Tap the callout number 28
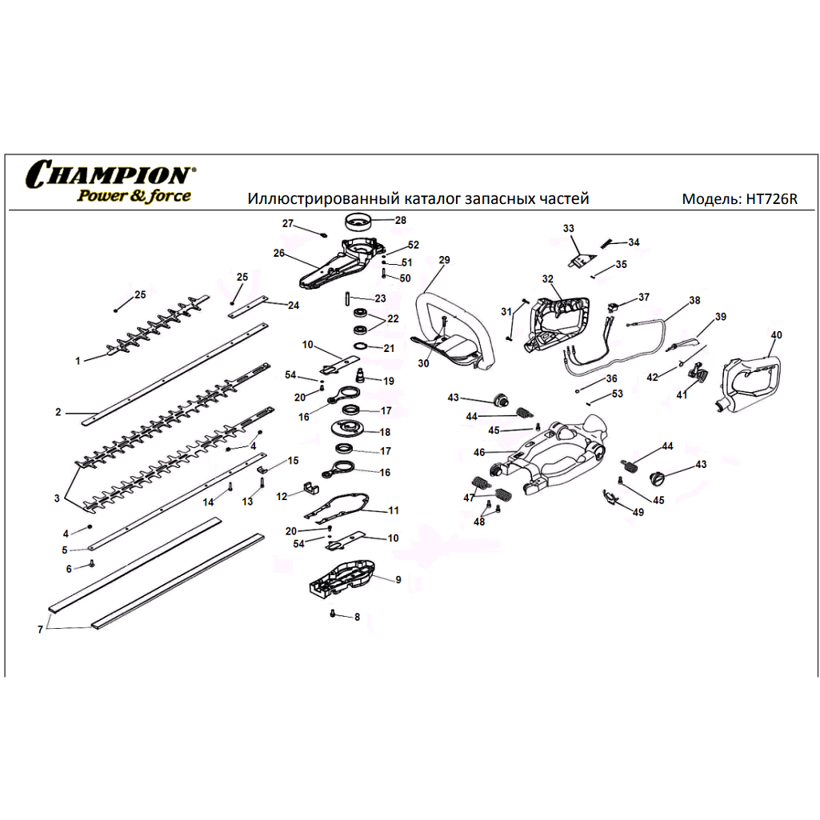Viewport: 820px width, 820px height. (x=400, y=220)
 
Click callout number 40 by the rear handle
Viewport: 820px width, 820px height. (x=776, y=334)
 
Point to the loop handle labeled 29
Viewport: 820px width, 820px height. (x=452, y=320)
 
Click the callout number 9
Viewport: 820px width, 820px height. (x=398, y=579)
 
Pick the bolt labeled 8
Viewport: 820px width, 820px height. (x=333, y=614)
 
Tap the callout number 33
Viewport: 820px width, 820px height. (x=569, y=229)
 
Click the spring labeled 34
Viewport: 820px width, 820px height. (x=608, y=242)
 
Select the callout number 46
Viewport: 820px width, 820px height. (x=479, y=453)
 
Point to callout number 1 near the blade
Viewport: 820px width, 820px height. (x=78, y=361)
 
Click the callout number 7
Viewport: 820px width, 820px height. (x=39, y=630)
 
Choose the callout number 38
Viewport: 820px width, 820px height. (x=694, y=300)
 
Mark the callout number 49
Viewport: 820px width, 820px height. (x=638, y=512)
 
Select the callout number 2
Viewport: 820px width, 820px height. (x=58, y=413)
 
